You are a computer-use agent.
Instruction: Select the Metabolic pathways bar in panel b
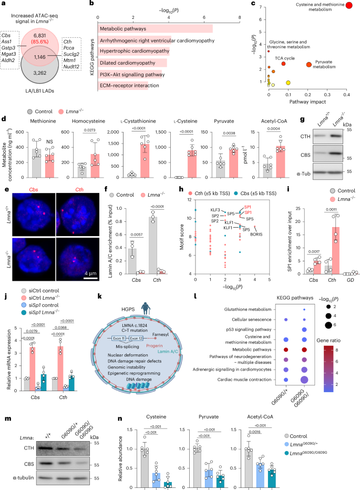[155, 28]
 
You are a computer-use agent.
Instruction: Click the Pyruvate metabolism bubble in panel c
[309, 65]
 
